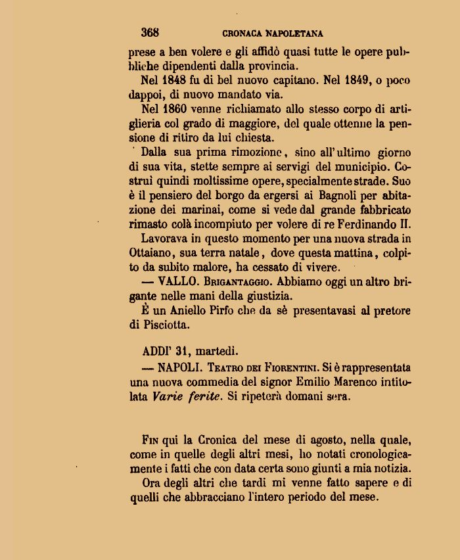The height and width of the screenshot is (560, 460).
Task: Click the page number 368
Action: point(150,32)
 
